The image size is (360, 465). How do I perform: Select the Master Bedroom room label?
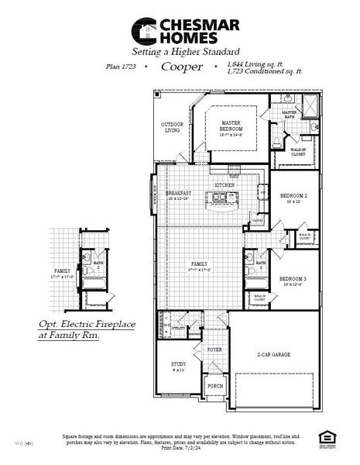click(x=231, y=126)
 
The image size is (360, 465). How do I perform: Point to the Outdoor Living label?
click(x=171, y=127)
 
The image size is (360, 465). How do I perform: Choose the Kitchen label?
click(x=225, y=186)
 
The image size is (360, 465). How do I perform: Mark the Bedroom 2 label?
click(x=293, y=197)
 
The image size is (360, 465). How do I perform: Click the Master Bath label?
click(x=290, y=114)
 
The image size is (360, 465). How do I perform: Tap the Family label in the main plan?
click(x=199, y=265)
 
